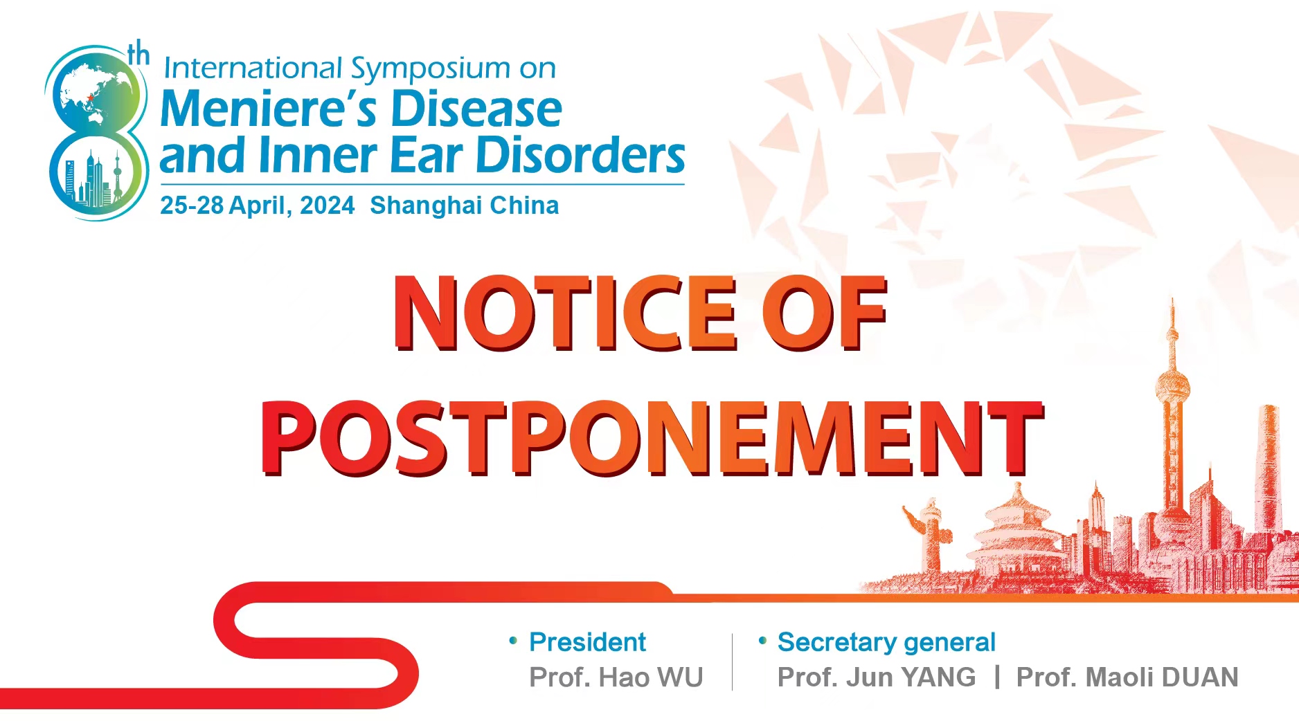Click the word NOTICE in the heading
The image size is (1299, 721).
pos(565,313)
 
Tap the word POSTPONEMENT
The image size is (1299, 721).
pos(652,439)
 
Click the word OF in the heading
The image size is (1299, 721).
pos(824,313)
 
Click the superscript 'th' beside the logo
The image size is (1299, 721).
pos(138,53)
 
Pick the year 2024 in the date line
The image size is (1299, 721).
pos(327,206)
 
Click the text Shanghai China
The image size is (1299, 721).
pos(464,206)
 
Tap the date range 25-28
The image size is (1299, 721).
pos(192,206)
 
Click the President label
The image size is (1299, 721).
pos(587,642)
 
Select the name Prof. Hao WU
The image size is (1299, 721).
pos(616,677)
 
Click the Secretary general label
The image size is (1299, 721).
pos(886,642)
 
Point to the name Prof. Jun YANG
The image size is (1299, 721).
pos(877,677)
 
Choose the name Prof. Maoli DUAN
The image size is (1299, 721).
pos(1127,677)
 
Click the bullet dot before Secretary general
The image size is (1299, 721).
pos(762,641)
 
